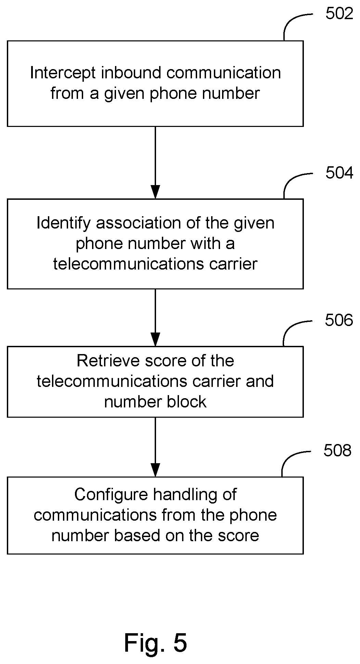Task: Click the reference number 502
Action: [339, 14]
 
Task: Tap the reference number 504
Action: [339, 173]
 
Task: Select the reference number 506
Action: [338, 321]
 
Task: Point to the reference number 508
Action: [337, 451]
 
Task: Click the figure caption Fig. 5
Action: [155, 642]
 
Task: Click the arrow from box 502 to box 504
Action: [155, 162]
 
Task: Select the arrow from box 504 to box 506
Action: [155, 317]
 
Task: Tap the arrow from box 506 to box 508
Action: [155, 447]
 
